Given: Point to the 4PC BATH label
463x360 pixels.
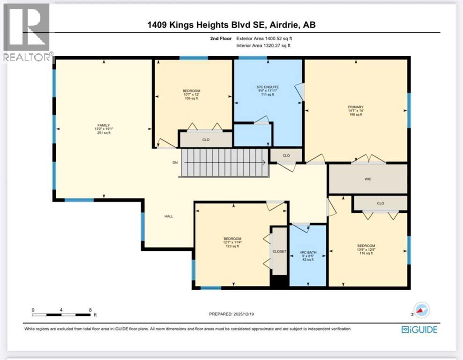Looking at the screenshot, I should pyautogui.click(x=308, y=253).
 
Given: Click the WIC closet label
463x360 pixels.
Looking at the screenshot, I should pyautogui.click(x=368, y=179).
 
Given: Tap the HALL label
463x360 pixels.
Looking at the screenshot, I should pyautogui.click(x=169, y=216).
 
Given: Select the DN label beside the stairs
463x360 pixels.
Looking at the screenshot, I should pyautogui.click(x=175, y=163).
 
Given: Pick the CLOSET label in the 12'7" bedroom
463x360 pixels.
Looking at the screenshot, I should pyautogui.click(x=279, y=251).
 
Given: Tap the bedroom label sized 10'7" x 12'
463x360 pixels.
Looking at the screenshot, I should pyautogui.click(x=191, y=91).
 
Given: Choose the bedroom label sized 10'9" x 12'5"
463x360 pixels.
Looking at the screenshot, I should pyautogui.click(x=366, y=246).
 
